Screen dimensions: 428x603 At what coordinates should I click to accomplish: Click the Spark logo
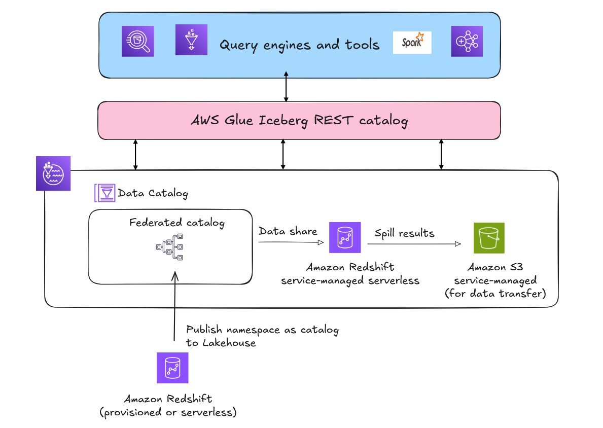click(412, 43)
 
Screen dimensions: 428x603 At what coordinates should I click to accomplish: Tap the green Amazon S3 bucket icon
click(489, 237)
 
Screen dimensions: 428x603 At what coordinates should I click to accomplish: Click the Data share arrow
click(290, 242)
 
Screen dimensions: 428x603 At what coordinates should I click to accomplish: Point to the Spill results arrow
click(414, 244)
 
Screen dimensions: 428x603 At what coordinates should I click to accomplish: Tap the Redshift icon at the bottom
click(172, 368)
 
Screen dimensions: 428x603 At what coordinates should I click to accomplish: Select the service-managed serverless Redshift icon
click(344, 237)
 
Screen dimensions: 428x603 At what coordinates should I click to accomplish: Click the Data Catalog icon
click(105, 193)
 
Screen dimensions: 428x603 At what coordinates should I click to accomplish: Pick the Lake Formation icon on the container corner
click(53, 173)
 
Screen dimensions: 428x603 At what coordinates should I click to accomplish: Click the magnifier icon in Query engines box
click(137, 41)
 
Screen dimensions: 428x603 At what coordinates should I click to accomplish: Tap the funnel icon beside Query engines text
click(191, 40)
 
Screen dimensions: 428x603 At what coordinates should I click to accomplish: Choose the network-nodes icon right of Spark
click(467, 41)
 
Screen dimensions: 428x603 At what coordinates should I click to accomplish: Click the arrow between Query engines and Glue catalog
click(287, 89)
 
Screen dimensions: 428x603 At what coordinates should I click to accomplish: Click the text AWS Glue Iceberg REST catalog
click(299, 121)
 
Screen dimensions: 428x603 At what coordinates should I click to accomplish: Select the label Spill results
click(404, 233)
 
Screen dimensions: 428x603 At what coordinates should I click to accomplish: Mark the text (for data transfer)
click(495, 294)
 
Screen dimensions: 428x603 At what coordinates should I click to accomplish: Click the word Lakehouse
click(229, 343)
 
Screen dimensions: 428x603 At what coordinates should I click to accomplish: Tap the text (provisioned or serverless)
click(168, 412)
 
